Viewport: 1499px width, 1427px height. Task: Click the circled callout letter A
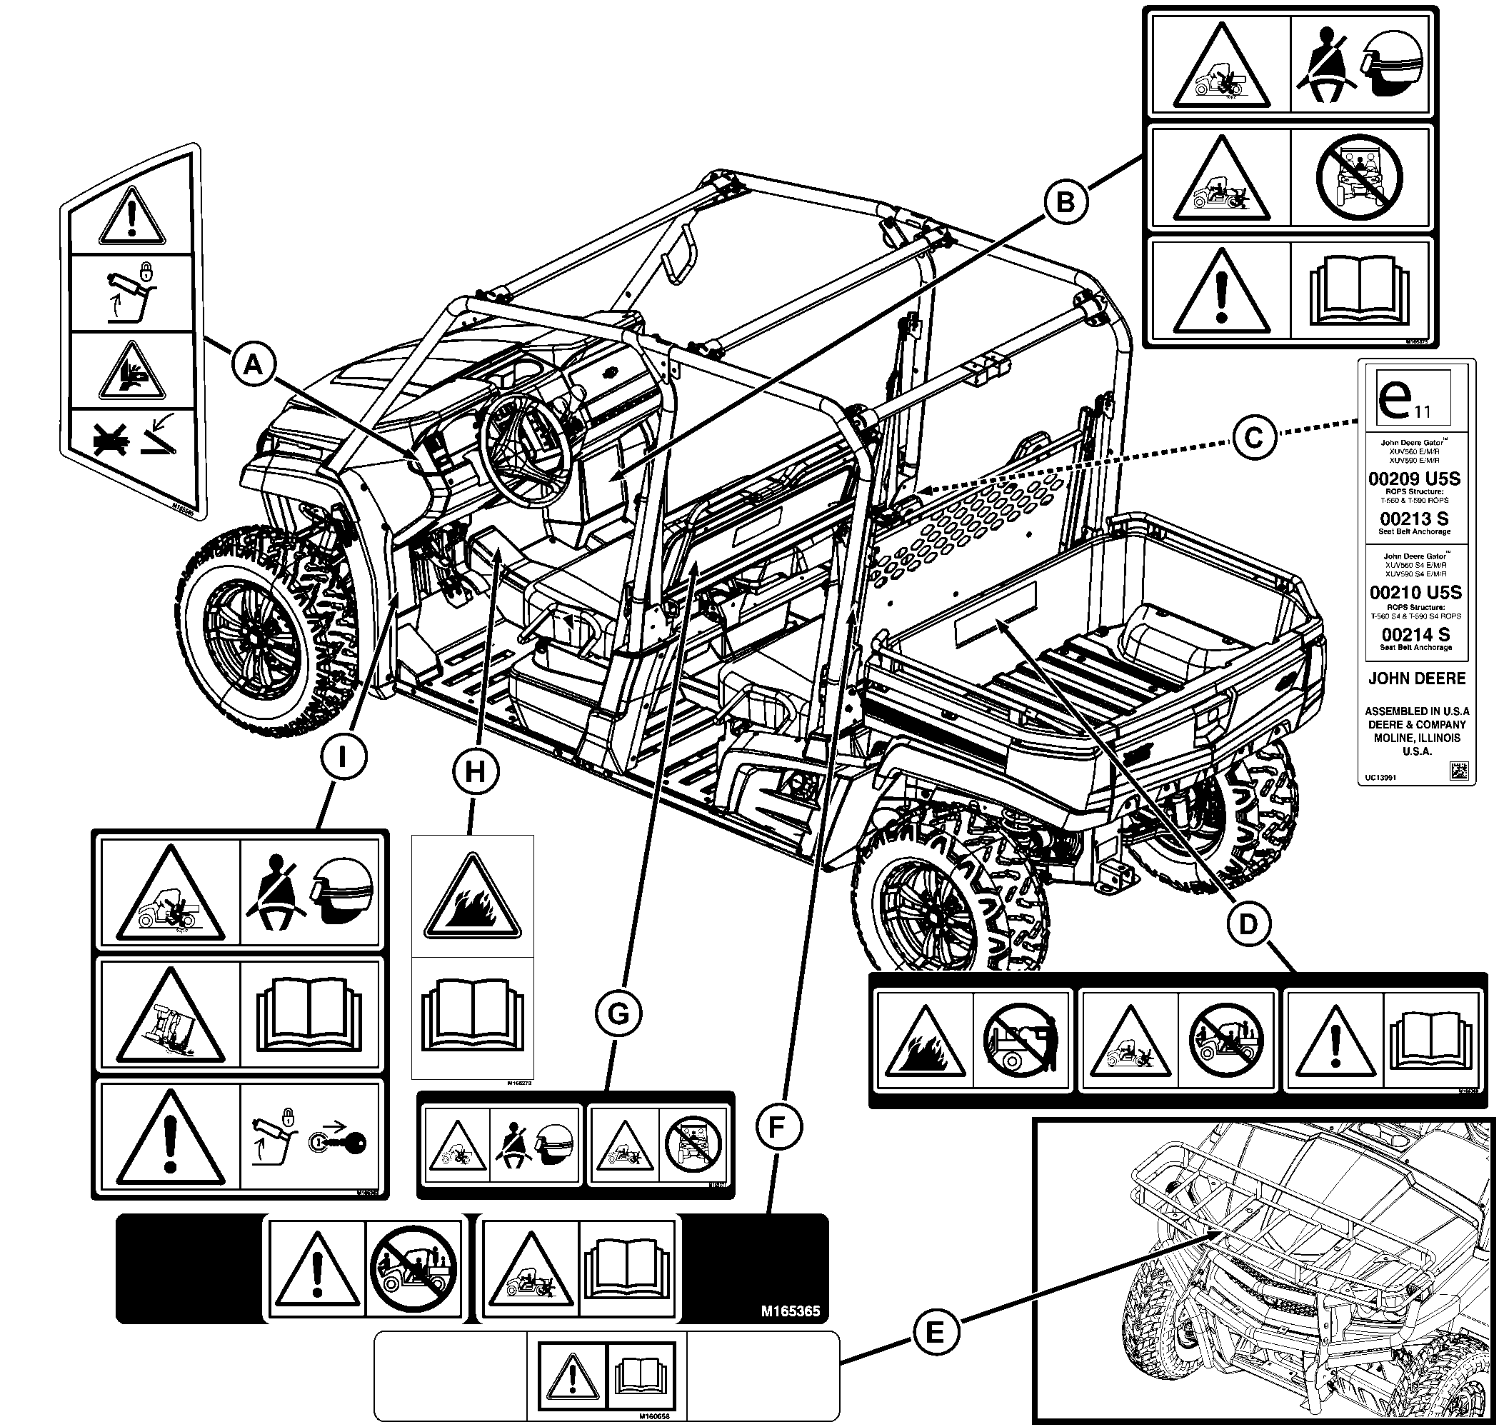[x=254, y=366]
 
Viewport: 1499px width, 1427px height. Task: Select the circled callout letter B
[x=1066, y=202]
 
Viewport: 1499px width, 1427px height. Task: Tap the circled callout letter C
[x=1253, y=438]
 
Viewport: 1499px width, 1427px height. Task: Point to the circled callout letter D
[x=1249, y=924]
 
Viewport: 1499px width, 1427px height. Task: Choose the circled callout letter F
[x=776, y=1127]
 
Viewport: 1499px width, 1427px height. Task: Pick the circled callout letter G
[x=618, y=1014]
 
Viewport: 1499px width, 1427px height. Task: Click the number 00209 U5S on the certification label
[x=1414, y=479]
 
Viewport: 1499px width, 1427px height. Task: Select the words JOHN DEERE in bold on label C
[x=1417, y=678]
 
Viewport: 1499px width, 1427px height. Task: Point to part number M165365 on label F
[x=789, y=1311]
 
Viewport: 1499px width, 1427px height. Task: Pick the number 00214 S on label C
[x=1415, y=634]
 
